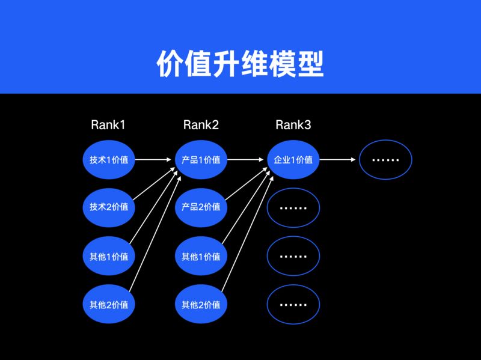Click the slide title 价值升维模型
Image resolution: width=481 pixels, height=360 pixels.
pos(240,63)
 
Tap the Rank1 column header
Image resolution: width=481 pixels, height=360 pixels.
pos(108,125)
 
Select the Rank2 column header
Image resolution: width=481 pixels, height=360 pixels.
pos(201,125)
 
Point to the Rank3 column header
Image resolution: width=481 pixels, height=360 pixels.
pos(293,125)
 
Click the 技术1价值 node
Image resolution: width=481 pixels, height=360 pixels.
pos(109,160)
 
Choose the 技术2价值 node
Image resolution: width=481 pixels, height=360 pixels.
pos(109,207)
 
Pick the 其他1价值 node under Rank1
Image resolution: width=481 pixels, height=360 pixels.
pos(109,256)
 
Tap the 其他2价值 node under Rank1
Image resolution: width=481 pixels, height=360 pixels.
pos(109,304)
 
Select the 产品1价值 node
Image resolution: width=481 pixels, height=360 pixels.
pos(201,160)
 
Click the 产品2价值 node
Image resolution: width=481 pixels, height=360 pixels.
pos(201,207)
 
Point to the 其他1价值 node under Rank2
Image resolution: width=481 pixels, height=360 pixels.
pos(201,256)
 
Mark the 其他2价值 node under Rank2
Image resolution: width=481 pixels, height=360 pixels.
pos(201,304)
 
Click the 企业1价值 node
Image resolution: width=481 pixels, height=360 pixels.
pos(293,160)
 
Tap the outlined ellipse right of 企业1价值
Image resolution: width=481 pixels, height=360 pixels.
pos(385,160)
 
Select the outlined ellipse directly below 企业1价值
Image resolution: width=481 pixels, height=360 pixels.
pos(293,207)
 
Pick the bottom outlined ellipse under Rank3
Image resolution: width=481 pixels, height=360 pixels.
pos(293,304)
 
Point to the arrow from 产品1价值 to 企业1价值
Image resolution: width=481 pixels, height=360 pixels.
pos(247,160)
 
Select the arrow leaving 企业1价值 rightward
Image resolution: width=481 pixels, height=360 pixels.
pos(339,160)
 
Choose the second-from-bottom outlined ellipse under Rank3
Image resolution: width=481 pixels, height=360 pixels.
pos(293,256)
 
